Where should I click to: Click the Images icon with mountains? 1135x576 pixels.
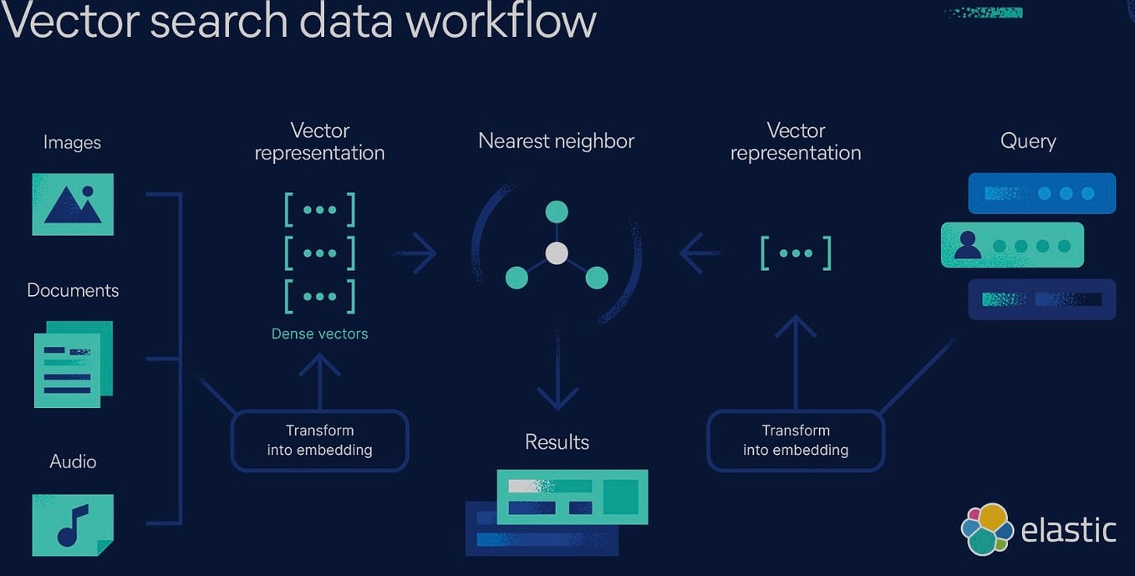pyautogui.click(x=73, y=204)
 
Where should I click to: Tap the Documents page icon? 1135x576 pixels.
pyautogui.click(x=73, y=364)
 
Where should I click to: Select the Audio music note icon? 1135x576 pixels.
pyautogui.click(x=73, y=524)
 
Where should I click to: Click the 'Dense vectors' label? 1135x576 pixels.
pyautogui.click(x=319, y=334)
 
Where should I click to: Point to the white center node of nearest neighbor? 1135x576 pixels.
pyautogui.click(x=557, y=253)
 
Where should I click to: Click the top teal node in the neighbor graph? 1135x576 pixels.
pyautogui.click(x=557, y=212)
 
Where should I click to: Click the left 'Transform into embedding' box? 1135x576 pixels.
pyautogui.click(x=319, y=441)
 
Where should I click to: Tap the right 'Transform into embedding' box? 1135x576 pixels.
pyautogui.click(x=795, y=441)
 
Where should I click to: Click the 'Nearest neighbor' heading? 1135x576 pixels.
pyautogui.click(x=556, y=141)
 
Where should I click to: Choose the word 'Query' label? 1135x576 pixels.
pyautogui.click(x=1028, y=141)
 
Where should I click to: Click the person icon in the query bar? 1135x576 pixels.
pyautogui.click(x=968, y=244)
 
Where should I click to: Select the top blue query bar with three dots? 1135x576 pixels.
pyautogui.click(x=1041, y=193)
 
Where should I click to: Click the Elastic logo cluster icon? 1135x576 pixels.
pyautogui.click(x=987, y=529)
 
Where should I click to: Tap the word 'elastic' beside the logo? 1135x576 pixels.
pyautogui.click(x=1068, y=530)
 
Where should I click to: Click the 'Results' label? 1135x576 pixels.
pyautogui.click(x=557, y=442)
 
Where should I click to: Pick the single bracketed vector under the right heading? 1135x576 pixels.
pyautogui.click(x=796, y=253)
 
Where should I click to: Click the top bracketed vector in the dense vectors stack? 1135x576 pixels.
pyautogui.click(x=319, y=210)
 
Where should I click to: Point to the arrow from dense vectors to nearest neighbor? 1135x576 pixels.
pyautogui.click(x=415, y=253)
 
